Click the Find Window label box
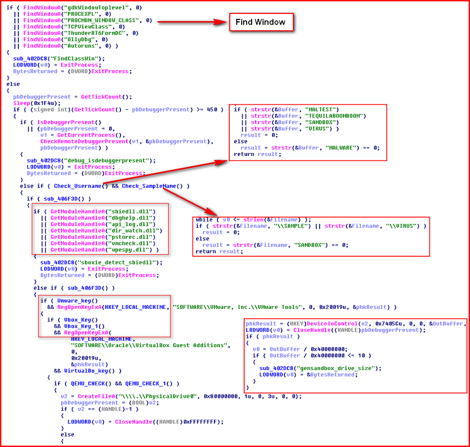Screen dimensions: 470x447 coord(261,22)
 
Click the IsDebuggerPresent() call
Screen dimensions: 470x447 coord(69,122)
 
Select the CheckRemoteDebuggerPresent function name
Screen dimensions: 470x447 coord(84,142)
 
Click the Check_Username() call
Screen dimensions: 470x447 coord(81,186)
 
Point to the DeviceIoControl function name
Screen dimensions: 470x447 coord(332,324)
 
